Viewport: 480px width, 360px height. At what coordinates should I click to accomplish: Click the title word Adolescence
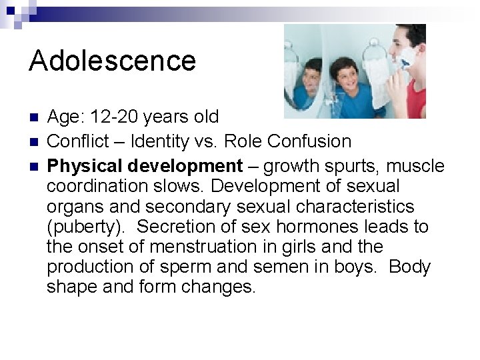[x=113, y=61]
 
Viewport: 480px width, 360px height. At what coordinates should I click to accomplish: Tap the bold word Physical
[x=87, y=165]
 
